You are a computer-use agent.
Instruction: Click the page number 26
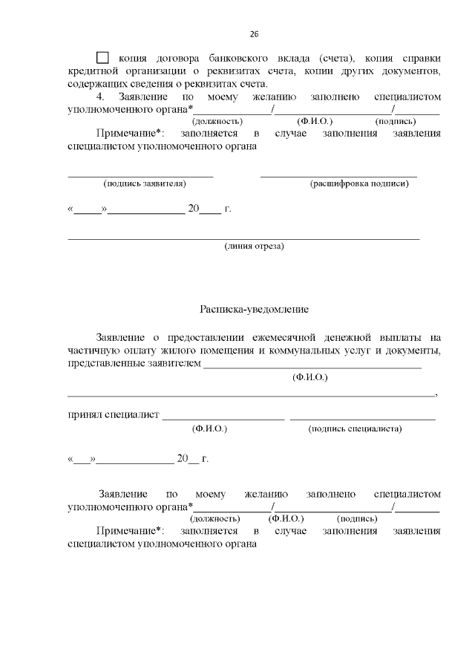[254, 34]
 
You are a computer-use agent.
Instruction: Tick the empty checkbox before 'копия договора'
[103, 58]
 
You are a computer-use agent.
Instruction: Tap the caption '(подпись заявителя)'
[144, 183]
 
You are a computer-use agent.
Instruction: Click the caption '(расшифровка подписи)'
[359, 183]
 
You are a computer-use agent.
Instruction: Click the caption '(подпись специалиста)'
[356, 428]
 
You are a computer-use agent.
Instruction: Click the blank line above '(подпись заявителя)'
[140, 176]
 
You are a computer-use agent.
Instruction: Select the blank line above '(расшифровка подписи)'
[338, 176]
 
